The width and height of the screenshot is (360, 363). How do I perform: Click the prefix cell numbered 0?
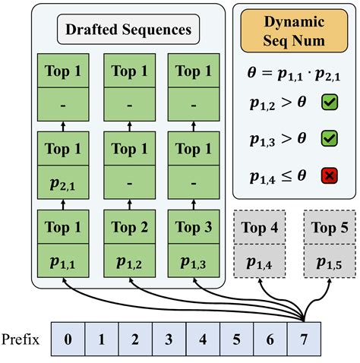(x=68, y=339)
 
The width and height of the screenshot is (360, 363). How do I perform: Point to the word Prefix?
(x=22, y=338)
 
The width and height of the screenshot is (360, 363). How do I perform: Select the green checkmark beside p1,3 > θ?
(x=330, y=138)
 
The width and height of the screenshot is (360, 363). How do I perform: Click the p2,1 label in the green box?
(x=65, y=185)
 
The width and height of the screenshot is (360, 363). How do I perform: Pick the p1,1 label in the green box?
(x=65, y=262)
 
